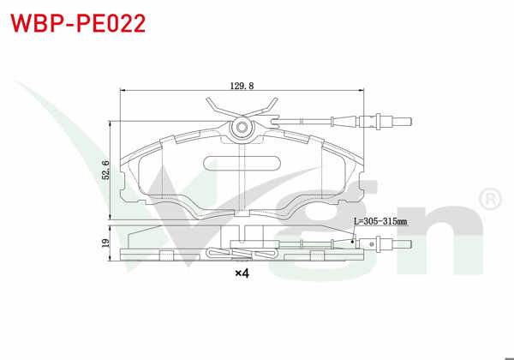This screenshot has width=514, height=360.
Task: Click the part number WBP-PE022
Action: click(x=78, y=22)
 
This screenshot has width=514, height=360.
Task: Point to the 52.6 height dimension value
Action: click(x=105, y=168)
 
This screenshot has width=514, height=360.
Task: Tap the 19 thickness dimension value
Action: click(x=105, y=243)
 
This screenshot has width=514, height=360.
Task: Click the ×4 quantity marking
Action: click(x=242, y=274)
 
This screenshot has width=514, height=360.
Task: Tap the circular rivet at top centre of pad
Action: click(x=242, y=129)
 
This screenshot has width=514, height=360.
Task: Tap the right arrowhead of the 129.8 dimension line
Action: click(x=368, y=92)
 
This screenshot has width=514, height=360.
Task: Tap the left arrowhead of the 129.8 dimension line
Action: click(x=121, y=92)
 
